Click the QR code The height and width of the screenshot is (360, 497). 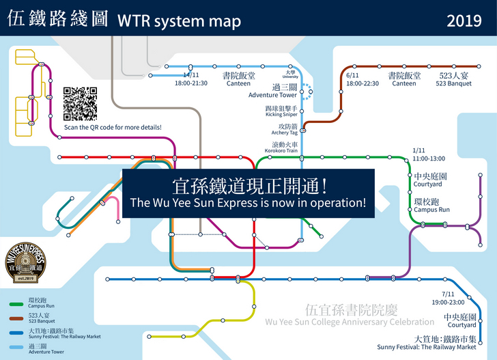point(79,104)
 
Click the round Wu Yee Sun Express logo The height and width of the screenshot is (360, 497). point(25,261)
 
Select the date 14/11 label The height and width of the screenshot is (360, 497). point(190,75)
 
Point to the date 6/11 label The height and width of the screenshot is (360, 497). point(352,75)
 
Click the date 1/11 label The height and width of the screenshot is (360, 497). point(419,150)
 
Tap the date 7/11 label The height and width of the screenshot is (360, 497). point(448,293)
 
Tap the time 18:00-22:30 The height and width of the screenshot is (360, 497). point(362,83)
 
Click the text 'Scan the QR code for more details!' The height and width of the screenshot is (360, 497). point(113,128)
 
